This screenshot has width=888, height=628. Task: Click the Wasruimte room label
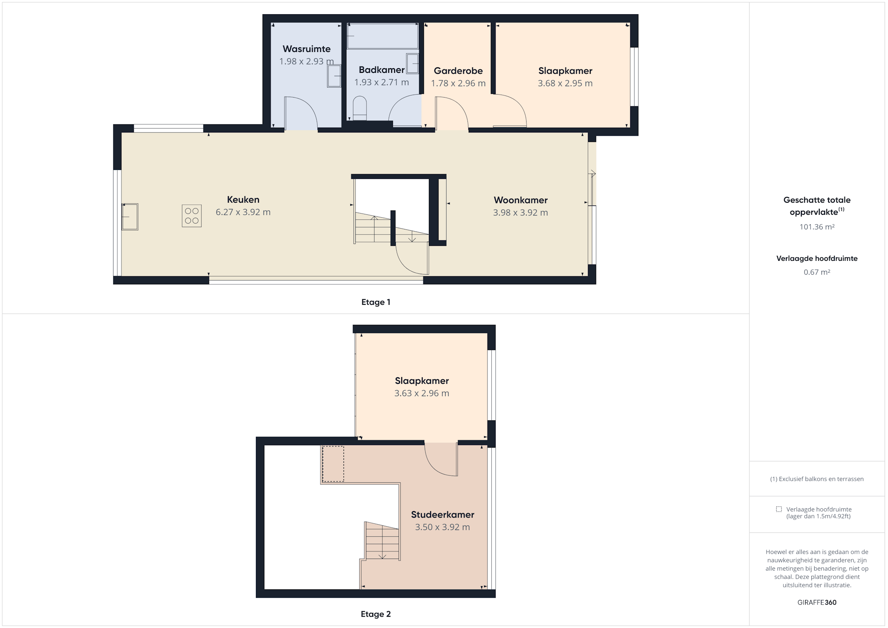pyautogui.click(x=307, y=49)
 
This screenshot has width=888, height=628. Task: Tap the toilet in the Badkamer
pyautogui.click(x=360, y=108)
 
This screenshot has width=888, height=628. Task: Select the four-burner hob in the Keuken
pyautogui.click(x=192, y=216)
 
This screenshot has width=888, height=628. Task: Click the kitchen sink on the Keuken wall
pyautogui.click(x=130, y=217)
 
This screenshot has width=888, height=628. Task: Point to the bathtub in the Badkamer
pyautogui.click(x=382, y=36)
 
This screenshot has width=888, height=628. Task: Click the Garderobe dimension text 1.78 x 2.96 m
pyautogui.click(x=458, y=83)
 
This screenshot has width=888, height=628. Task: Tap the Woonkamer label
pyautogui.click(x=521, y=200)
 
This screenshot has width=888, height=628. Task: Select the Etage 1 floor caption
pyautogui.click(x=376, y=302)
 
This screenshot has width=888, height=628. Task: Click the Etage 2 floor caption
pyautogui.click(x=376, y=614)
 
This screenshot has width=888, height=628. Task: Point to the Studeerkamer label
pyautogui.click(x=443, y=515)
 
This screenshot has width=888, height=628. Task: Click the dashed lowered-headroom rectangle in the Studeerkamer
pyautogui.click(x=333, y=464)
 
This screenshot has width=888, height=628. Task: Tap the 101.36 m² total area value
pyautogui.click(x=817, y=227)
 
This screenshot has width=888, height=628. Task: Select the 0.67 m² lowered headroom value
pyautogui.click(x=817, y=272)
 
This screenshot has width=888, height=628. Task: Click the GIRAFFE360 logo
pyautogui.click(x=817, y=602)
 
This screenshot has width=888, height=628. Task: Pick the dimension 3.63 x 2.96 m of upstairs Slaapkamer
pyautogui.click(x=422, y=393)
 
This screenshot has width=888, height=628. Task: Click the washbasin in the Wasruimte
pyautogui.click(x=334, y=76)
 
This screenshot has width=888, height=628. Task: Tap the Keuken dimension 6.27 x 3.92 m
pyautogui.click(x=243, y=212)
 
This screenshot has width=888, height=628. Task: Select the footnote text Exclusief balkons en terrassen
pyautogui.click(x=821, y=479)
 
